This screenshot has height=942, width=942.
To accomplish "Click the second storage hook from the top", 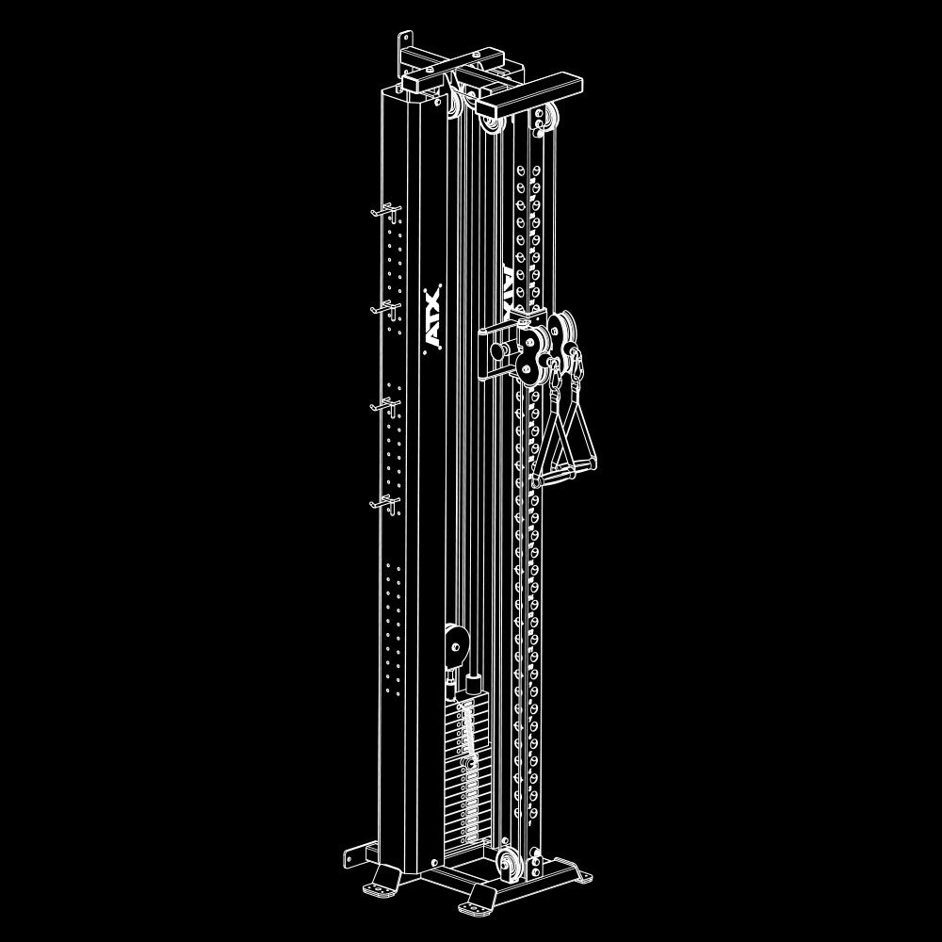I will (x=384, y=306).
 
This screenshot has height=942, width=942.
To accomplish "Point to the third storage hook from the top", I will (x=383, y=405).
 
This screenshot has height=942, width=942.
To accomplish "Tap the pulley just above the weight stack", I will (x=457, y=644).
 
